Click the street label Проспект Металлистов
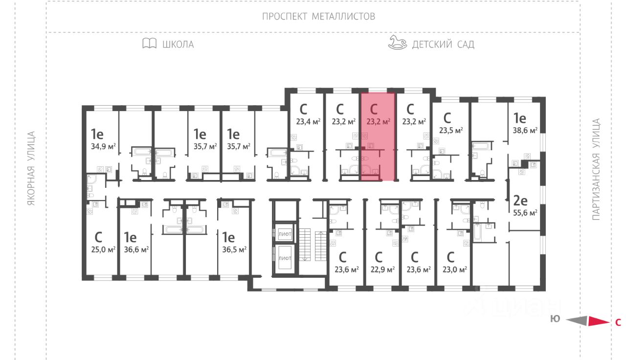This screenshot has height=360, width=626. [x=318, y=17]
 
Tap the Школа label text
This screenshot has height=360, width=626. [x=178, y=45]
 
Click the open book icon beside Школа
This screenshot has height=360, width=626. [x=150, y=44]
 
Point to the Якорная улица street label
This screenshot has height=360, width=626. [x=32, y=168]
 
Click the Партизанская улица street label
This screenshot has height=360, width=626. [x=596, y=169]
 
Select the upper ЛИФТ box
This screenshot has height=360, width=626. [x=285, y=234]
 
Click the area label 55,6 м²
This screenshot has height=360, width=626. [x=525, y=213]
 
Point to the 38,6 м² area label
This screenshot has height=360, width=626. [x=525, y=131]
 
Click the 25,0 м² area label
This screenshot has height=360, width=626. [x=103, y=249]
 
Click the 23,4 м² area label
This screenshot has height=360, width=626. [x=308, y=121]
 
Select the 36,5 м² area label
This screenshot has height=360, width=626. [x=234, y=249]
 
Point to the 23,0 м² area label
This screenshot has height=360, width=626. [x=455, y=269]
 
